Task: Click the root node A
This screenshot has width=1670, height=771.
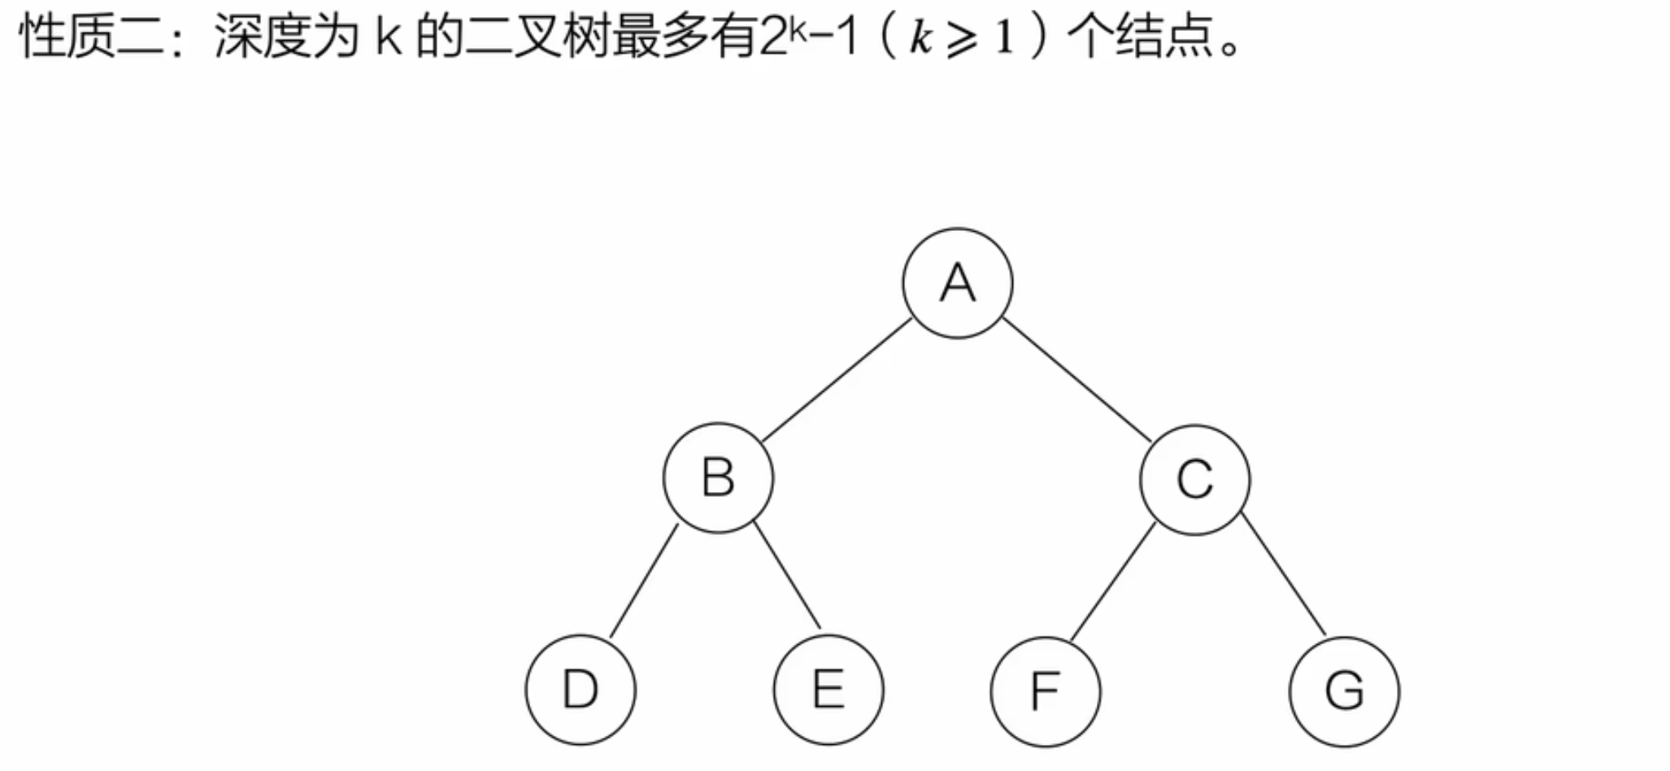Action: tap(957, 283)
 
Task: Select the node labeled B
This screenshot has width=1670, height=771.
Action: tap(718, 478)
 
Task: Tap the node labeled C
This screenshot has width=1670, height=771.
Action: tap(1194, 479)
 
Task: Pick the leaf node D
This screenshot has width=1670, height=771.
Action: tap(581, 690)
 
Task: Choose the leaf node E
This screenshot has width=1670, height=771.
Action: tap(828, 690)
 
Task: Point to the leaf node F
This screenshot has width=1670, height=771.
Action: tap(1046, 691)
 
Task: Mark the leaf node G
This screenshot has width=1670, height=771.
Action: tap(1344, 691)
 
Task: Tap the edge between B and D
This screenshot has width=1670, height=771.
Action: tap(644, 581)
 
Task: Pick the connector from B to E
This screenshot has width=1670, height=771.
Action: tap(786, 577)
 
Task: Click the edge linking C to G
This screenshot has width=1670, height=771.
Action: tap(1284, 575)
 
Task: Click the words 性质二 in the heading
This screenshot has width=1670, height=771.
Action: tap(89, 37)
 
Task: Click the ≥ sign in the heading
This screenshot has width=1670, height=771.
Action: tap(963, 39)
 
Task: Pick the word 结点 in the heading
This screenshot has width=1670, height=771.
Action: tap(1164, 37)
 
